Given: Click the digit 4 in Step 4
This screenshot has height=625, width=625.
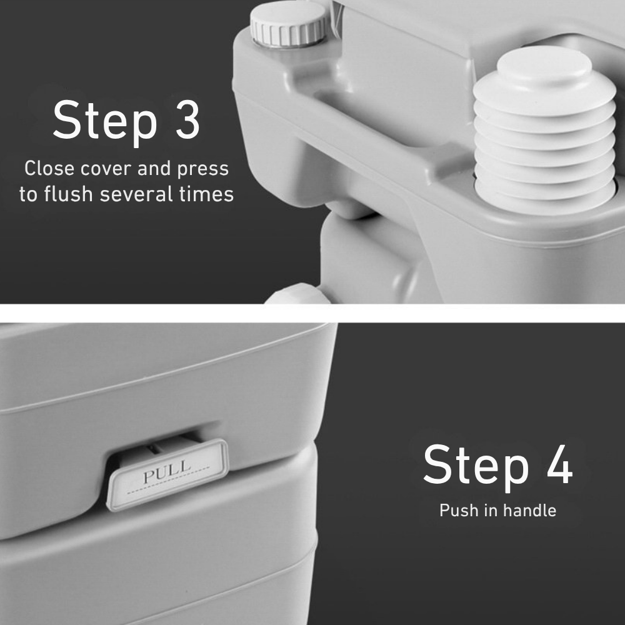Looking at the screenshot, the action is pos(559,464).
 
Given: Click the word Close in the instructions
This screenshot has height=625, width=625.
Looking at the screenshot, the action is pos(49,168).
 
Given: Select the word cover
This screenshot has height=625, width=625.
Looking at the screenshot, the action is pos(106,169).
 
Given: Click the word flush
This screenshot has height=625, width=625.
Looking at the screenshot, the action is pos(68,194).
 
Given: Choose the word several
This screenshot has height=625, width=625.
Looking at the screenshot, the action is pos(136,194).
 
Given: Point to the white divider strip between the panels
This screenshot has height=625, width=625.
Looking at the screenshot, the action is pos(312,313).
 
